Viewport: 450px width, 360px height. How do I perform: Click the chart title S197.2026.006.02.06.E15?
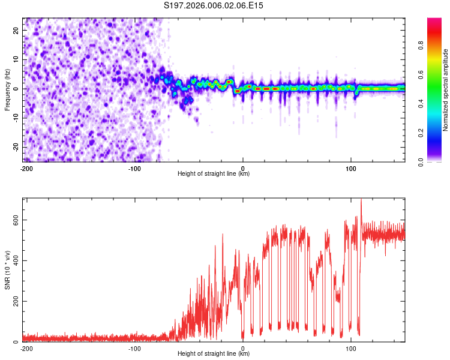pyautogui.click(x=213, y=5)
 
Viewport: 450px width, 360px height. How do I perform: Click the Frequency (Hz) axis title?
pyautogui.click(x=7, y=90)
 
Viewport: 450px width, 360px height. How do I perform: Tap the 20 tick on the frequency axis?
pyautogui.click(x=16, y=31)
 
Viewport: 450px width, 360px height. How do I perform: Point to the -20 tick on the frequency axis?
pyautogui.click(x=16, y=147)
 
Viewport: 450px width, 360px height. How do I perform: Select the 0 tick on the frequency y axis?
pyautogui.click(x=16, y=89)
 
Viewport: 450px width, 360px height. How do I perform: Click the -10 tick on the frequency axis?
pyautogui.click(x=16, y=118)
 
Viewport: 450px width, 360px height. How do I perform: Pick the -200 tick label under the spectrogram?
pyautogui.click(x=26, y=169)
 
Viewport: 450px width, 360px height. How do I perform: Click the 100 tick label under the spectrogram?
pyautogui.click(x=351, y=169)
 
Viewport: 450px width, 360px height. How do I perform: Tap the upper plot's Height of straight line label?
pyautogui.click(x=214, y=173)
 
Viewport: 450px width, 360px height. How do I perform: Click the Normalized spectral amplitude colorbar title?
pyautogui.click(x=445, y=90)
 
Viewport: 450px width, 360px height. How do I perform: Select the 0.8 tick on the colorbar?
pyautogui.click(x=421, y=46)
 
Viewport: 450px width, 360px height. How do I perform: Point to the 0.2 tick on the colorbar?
pyautogui.click(x=421, y=133)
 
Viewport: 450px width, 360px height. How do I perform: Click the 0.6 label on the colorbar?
pyautogui.click(x=421, y=74)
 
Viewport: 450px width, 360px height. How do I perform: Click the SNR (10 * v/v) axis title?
pyautogui.click(x=7, y=270)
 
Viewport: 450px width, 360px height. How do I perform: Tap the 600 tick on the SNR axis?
pyautogui.click(x=16, y=220)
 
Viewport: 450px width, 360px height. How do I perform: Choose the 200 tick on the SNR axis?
pyautogui.click(x=16, y=301)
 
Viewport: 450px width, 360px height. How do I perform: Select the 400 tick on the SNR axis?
pyautogui.click(x=16, y=260)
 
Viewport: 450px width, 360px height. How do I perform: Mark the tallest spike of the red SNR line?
pyautogui.click(x=361, y=199)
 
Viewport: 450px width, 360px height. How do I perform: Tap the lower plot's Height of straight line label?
pyautogui.click(x=214, y=353)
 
